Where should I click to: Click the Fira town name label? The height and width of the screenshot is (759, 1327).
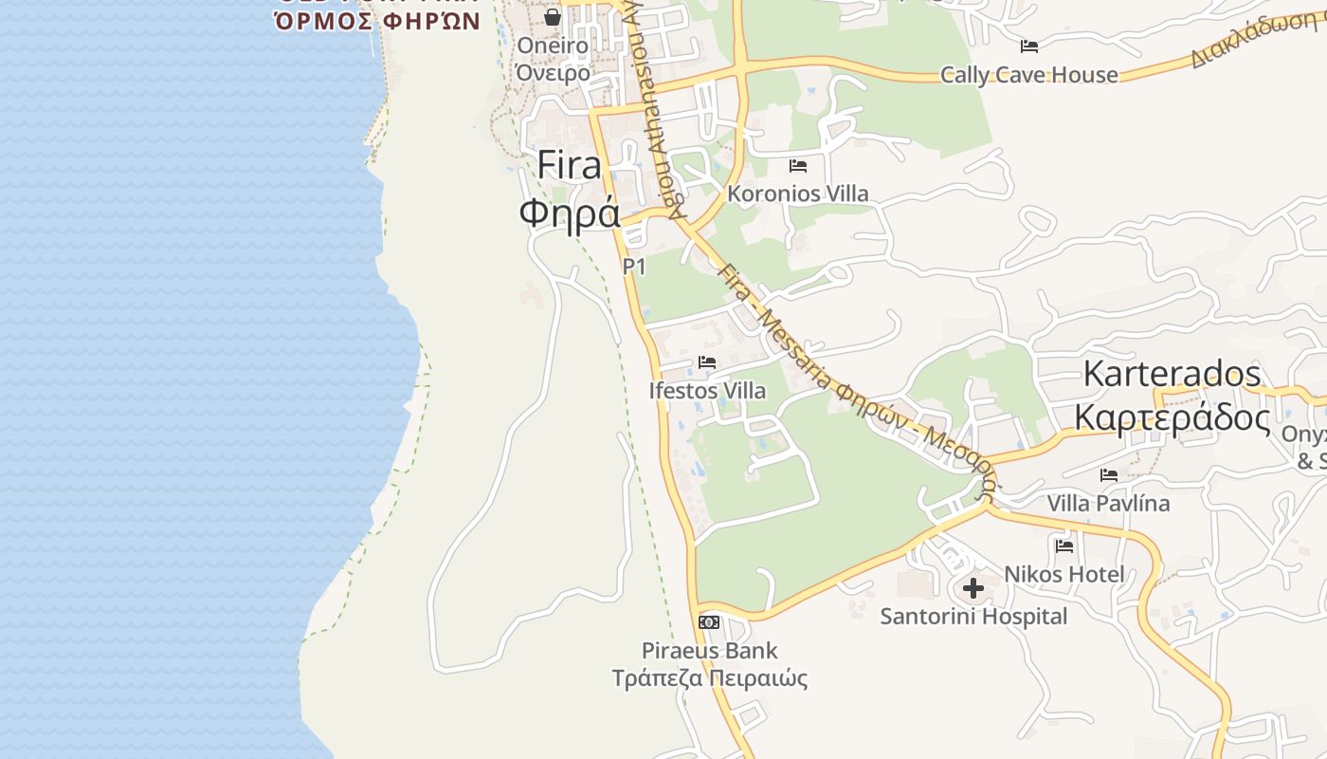tap(569, 165)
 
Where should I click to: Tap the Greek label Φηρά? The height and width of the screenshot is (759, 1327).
tap(569, 213)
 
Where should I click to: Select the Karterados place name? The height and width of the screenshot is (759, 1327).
tap(1172, 374)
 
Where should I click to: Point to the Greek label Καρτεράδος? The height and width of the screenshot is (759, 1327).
tap(1172, 417)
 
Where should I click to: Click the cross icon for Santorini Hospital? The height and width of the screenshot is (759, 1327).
tap(973, 588)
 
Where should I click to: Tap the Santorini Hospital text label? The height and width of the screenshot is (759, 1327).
tap(973, 617)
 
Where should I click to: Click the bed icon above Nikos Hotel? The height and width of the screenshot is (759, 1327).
tap(1064, 546)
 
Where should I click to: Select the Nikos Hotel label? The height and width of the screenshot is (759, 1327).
tap(1064, 574)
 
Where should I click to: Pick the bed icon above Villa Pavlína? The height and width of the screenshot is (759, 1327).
tap(1109, 474)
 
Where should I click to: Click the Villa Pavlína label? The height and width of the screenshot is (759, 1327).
tap(1108, 503)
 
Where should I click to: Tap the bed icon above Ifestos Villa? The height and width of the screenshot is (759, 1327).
tap(707, 361)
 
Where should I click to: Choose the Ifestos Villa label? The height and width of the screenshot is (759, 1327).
tap(707, 391)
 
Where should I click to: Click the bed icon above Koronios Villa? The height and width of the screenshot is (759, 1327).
tap(798, 166)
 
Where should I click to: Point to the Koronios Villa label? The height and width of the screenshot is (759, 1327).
tap(797, 194)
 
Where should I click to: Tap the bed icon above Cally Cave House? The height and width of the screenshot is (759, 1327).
tap(1029, 46)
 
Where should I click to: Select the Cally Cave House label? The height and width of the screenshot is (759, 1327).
tap(1028, 75)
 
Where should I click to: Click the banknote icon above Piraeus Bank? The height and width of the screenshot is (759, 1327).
tap(709, 622)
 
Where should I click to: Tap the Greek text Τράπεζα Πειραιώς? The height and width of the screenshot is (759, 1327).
tap(709, 678)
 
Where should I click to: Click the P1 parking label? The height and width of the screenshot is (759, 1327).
tap(634, 267)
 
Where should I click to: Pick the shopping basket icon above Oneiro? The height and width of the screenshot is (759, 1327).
tap(553, 17)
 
